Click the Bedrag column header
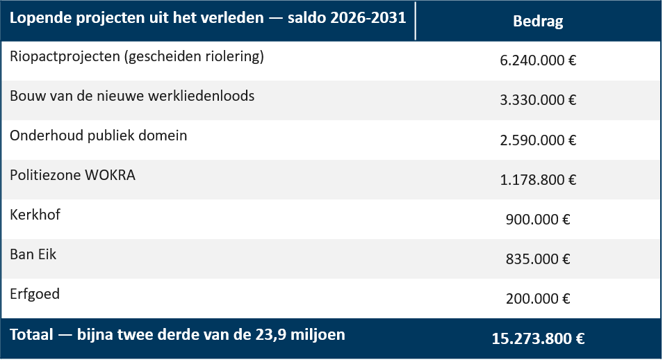538,21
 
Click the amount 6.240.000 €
538,60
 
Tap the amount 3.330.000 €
538,100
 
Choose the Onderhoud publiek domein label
99,136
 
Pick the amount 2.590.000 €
538,140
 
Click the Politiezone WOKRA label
73,175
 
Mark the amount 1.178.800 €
538,180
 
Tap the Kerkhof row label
35,215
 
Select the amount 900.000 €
538,219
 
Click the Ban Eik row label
33,254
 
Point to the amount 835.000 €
538,259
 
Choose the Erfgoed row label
35,294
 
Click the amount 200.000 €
538,299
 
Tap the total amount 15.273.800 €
538,338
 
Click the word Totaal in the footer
32,334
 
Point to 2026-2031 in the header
368,18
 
